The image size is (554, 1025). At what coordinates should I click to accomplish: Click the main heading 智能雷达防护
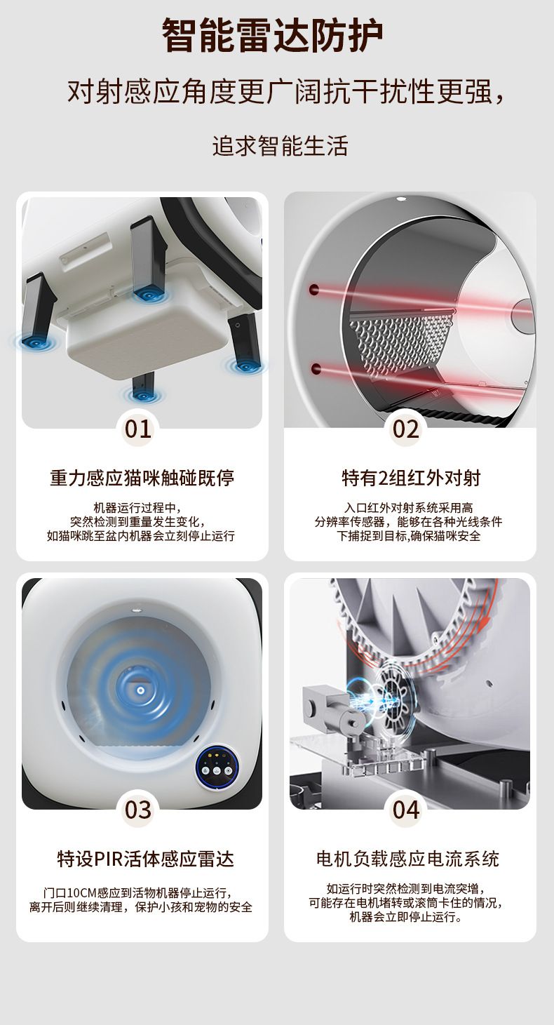pyautogui.click(x=273, y=36)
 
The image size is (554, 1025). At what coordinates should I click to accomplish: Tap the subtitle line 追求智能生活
pyautogui.click(x=280, y=146)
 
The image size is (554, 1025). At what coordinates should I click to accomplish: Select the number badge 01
pyautogui.click(x=137, y=429)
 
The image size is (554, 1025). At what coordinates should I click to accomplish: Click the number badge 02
pyautogui.click(x=406, y=429)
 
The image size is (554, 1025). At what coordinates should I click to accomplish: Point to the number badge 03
pyautogui.click(x=137, y=810)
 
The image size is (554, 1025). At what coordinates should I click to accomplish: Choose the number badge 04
pyautogui.click(x=406, y=810)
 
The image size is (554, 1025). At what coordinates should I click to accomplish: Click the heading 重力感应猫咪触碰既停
pyautogui.click(x=142, y=478)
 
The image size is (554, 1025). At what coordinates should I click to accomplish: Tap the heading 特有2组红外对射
pyautogui.click(x=411, y=478)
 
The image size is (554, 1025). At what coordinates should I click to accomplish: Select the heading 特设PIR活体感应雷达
pyautogui.click(x=145, y=859)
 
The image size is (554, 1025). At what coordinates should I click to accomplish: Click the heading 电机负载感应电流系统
pyautogui.click(x=407, y=859)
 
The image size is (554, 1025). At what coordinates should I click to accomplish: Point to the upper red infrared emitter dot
pyautogui.click(x=314, y=289)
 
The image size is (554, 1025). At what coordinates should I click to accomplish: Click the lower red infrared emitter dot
pyautogui.click(x=315, y=368)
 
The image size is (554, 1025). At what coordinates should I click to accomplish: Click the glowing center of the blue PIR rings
pyautogui.click(x=140, y=690)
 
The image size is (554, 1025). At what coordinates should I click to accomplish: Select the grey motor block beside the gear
pyautogui.click(x=327, y=709)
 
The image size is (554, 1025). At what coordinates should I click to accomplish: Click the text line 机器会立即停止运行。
pyautogui.click(x=405, y=917)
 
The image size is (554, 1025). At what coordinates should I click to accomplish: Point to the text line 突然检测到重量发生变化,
pyautogui.click(x=137, y=522)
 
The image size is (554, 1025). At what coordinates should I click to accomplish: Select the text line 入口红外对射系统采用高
pyautogui.click(x=409, y=507)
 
